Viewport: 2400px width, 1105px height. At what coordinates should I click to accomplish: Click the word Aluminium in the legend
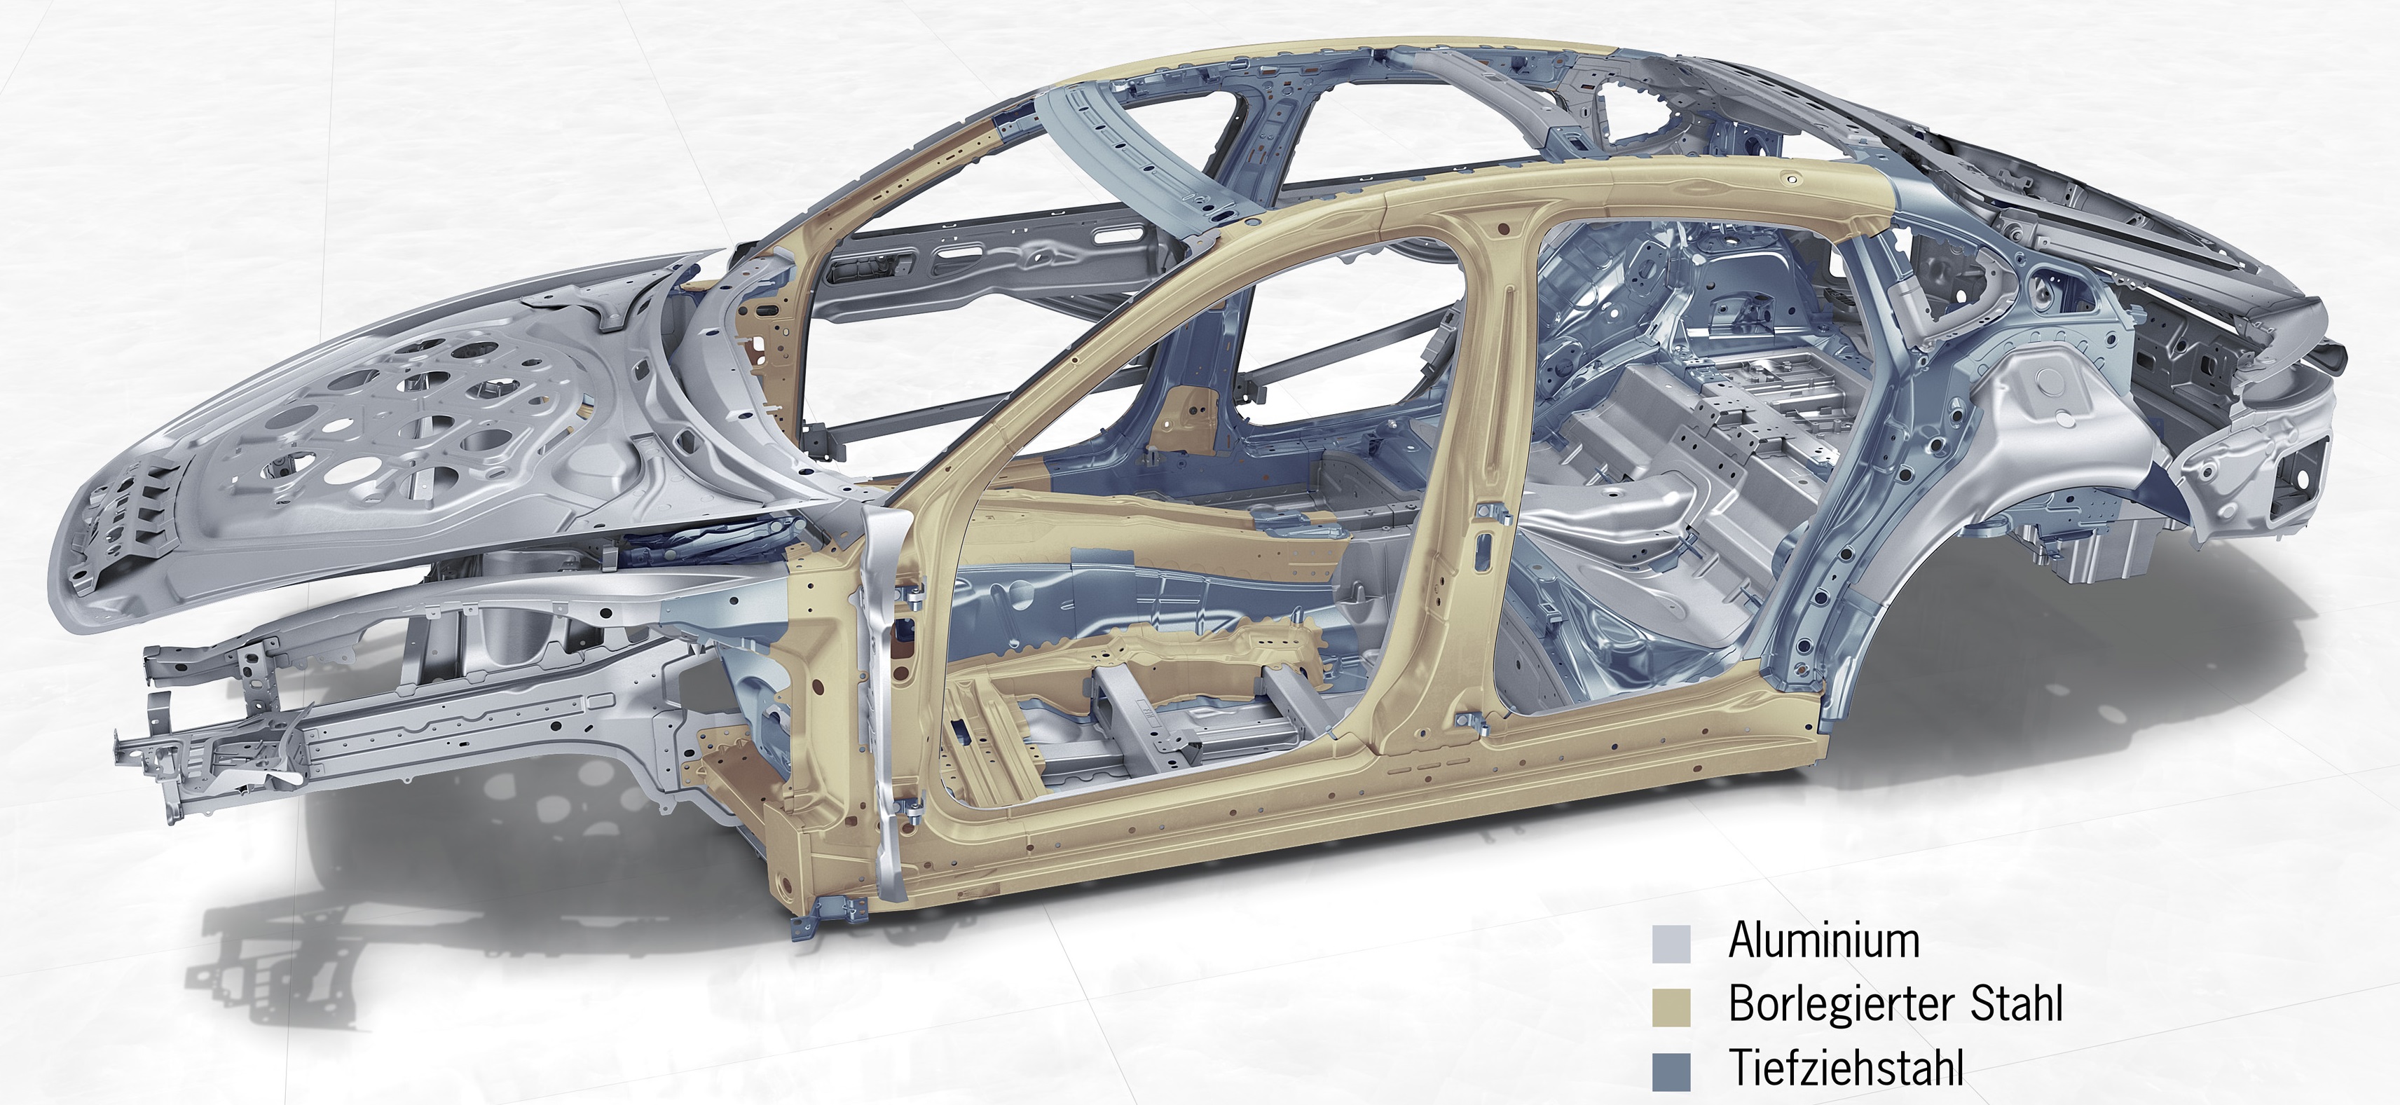point(1823,941)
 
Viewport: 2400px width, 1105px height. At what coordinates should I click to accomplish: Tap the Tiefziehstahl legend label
point(1846,1068)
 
